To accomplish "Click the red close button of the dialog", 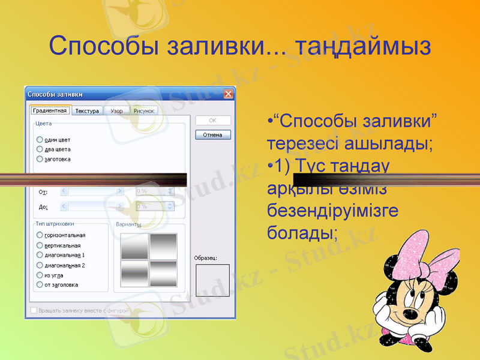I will (228, 94).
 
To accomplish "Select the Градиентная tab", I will (50, 110).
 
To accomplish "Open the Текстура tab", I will (87, 111).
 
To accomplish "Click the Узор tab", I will (116, 111).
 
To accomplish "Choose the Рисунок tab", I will (143, 111).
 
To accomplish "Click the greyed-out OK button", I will (212, 120).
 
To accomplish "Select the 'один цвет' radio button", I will (40, 139).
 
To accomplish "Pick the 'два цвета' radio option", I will (40, 149).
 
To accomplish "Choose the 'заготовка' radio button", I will (40, 159).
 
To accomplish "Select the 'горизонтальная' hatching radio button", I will (40, 235).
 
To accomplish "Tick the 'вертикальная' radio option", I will (40, 245).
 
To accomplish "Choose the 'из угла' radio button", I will (40, 275).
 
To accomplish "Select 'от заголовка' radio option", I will (40, 284).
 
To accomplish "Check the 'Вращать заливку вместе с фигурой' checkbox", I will (34, 311).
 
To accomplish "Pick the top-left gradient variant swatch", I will (134, 246).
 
